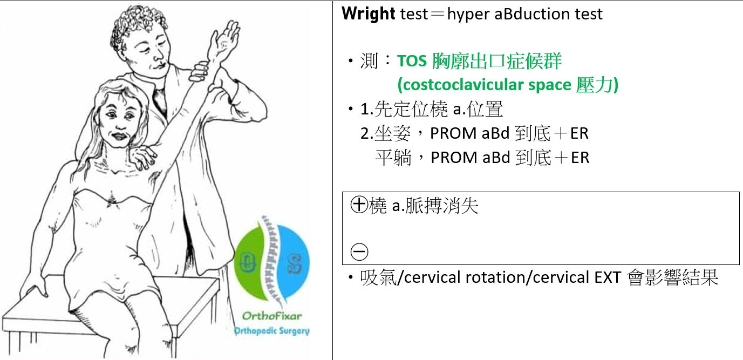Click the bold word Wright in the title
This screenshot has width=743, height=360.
[x=368, y=14]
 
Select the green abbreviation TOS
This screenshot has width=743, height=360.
[x=412, y=61]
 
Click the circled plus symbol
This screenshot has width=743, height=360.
[x=359, y=205]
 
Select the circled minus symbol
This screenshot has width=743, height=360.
[x=359, y=252]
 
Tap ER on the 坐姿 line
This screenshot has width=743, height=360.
[x=580, y=133]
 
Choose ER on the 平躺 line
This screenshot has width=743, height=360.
[x=580, y=158]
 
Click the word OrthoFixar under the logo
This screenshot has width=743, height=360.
[x=272, y=316]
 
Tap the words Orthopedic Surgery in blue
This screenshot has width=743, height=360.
[x=271, y=331]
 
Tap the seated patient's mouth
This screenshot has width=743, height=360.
[x=118, y=137]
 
